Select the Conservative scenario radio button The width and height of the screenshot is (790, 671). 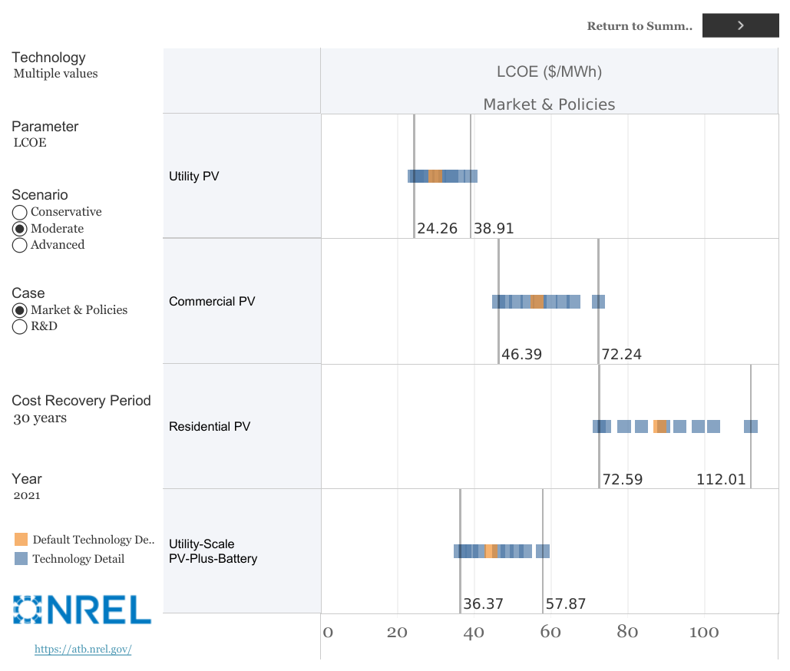(20, 212)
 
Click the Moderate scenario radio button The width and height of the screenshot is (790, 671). (20, 229)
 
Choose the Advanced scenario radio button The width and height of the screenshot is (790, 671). (20, 246)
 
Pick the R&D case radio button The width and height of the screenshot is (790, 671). (20, 326)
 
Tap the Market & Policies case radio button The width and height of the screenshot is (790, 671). (20, 310)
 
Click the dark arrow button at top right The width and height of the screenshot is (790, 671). (740, 25)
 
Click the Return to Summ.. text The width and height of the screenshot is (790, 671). (639, 26)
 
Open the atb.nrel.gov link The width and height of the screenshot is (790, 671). (83, 650)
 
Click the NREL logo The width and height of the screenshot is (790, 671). (82, 609)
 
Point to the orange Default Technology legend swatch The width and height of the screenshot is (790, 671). (21, 540)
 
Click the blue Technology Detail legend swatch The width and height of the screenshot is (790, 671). (21, 559)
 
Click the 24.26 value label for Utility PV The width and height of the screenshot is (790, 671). (437, 229)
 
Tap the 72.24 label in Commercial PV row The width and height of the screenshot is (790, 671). (621, 354)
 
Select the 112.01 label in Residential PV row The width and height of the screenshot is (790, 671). (720, 479)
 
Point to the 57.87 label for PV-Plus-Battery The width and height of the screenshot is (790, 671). (565, 604)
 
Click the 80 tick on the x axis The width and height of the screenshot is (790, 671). (627, 633)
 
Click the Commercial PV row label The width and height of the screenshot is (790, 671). (212, 301)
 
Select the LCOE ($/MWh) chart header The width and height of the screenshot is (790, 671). (549, 72)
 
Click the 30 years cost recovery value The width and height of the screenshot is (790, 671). (40, 418)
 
